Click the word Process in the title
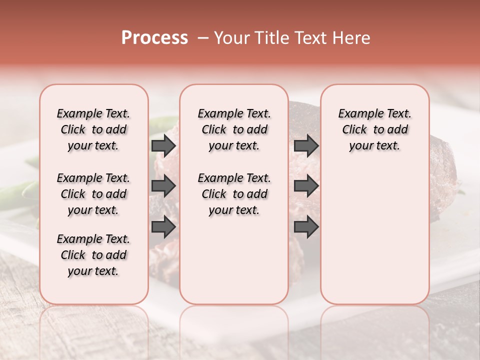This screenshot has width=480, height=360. (154, 38)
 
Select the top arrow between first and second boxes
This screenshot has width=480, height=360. (163, 146)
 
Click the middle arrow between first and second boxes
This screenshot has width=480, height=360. (163, 186)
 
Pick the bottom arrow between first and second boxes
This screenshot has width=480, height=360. (163, 227)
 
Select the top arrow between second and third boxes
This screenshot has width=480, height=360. (306, 146)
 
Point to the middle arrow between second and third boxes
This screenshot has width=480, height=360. (306, 186)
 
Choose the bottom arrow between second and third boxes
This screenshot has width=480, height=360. (306, 227)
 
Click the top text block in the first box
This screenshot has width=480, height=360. (93, 129)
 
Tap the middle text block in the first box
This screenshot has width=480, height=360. (93, 194)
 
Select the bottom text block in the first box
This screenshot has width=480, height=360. (93, 255)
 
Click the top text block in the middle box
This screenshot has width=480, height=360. (234, 129)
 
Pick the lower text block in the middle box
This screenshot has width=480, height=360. (234, 194)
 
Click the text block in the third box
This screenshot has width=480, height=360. (374, 129)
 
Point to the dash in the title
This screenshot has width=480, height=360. (203, 38)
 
